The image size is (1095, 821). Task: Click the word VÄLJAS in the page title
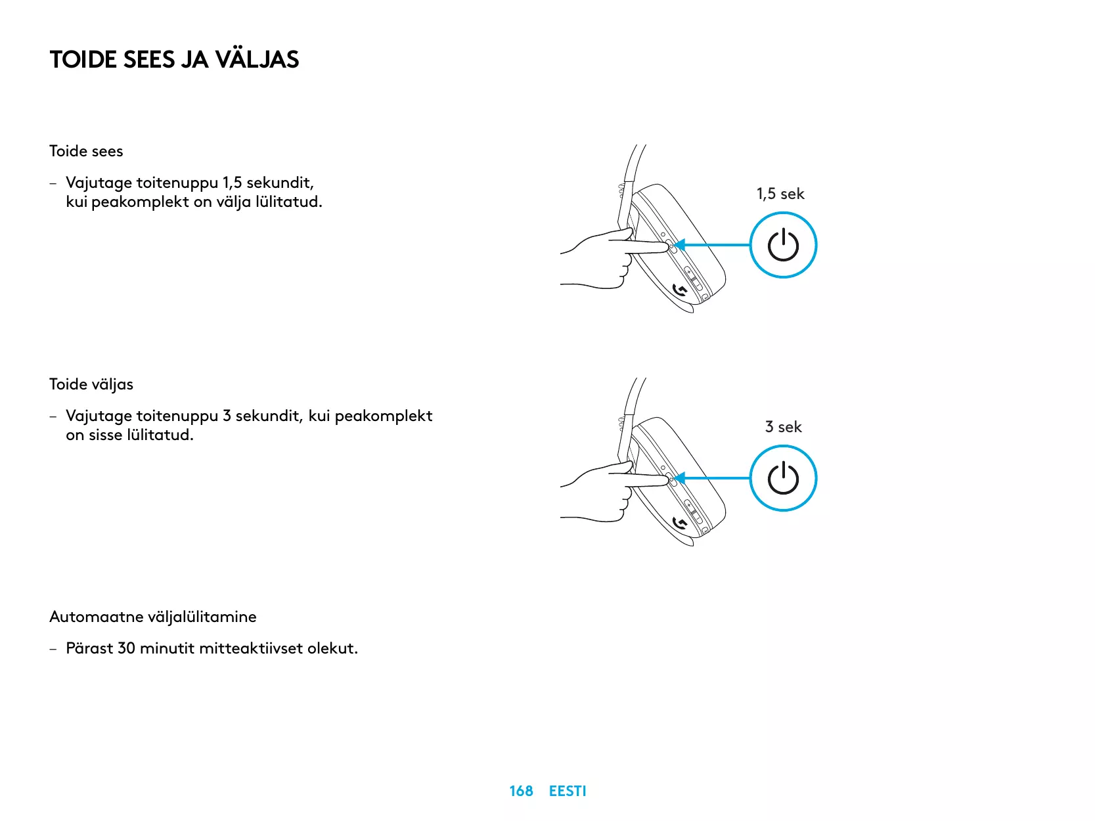pyautogui.click(x=257, y=60)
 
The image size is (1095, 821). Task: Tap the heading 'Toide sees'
pyautogui.click(x=86, y=151)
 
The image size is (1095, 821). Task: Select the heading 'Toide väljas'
pyautogui.click(x=91, y=384)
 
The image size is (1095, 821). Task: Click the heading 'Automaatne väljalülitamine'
pyautogui.click(x=153, y=617)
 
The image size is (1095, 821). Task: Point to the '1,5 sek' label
pyautogui.click(x=780, y=194)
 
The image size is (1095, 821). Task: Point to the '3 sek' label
pyautogui.click(x=783, y=427)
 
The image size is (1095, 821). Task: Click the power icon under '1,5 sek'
pyautogui.click(x=783, y=245)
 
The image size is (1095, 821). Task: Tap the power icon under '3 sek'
pyautogui.click(x=783, y=478)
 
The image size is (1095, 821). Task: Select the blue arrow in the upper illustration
pyautogui.click(x=713, y=245)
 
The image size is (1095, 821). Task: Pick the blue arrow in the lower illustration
pyautogui.click(x=713, y=478)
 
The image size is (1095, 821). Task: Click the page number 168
pyautogui.click(x=521, y=791)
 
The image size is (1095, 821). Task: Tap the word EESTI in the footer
pyautogui.click(x=568, y=791)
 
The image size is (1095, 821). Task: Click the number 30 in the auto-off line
pyautogui.click(x=126, y=648)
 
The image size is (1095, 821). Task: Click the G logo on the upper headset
pyautogui.click(x=681, y=290)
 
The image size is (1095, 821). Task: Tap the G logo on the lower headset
pyautogui.click(x=681, y=523)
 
